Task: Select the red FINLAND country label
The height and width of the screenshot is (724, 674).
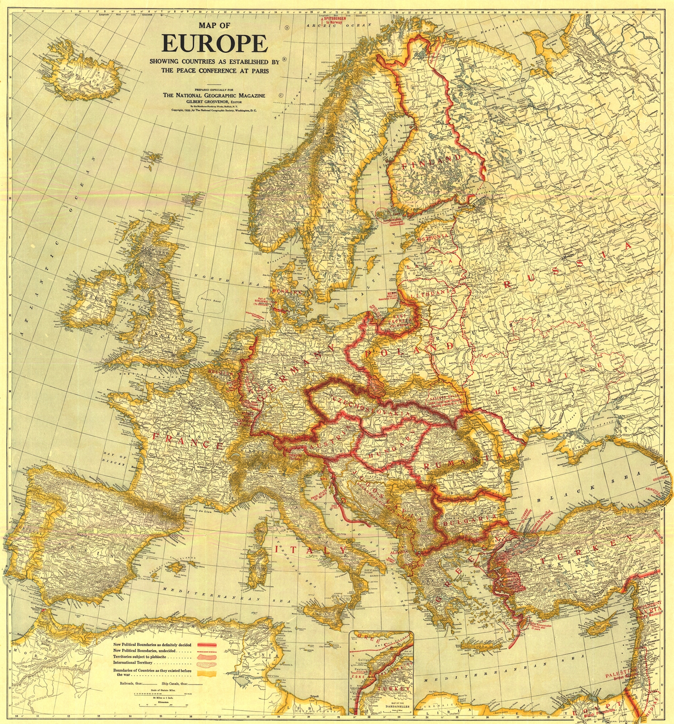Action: point(431,163)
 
